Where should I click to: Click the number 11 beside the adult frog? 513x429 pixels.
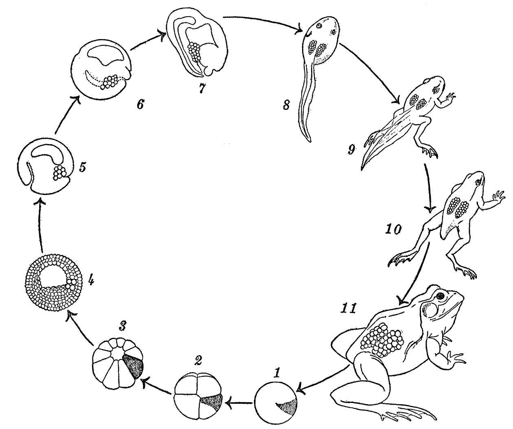pyautogui.click(x=348, y=308)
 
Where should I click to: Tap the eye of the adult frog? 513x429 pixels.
pyautogui.click(x=440, y=296)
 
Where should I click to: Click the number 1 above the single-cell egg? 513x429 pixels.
pyautogui.click(x=277, y=372)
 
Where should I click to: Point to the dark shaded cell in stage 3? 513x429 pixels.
pyautogui.click(x=134, y=366)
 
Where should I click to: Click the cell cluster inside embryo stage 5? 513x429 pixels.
pyautogui.click(x=59, y=173)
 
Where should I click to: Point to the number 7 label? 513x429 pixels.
pyautogui.click(x=202, y=89)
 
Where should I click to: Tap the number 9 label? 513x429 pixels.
pyautogui.click(x=351, y=150)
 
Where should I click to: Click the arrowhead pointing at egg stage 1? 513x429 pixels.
pyautogui.click(x=300, y=391)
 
